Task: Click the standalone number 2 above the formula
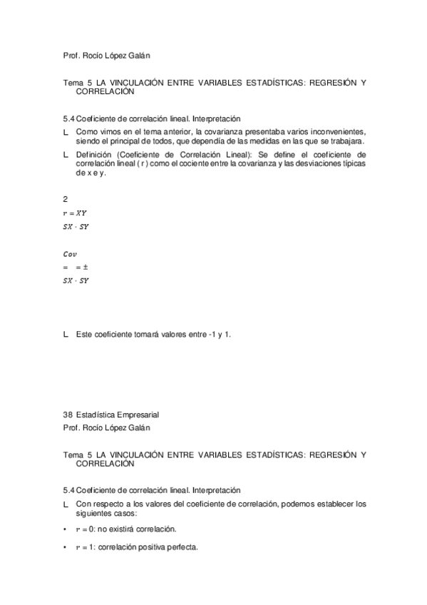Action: click(x=65, y=200)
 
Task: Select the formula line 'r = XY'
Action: click(x=75, y=213)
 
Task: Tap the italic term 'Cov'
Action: click(x=70, y=254)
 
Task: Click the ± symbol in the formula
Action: click(x=85, y=267)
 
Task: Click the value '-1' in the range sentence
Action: click(x=212, y=334)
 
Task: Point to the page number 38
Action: click(x=68, y=414)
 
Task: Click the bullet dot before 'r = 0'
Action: click(x=66, y=530)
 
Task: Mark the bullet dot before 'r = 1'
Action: click(x=66, y=547)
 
